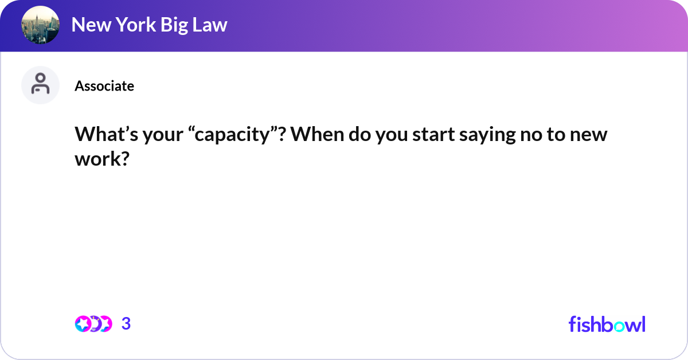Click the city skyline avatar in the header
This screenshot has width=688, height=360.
click(40, 25)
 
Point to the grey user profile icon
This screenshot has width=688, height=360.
click(40, 85)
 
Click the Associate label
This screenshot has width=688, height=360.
click(104, 86)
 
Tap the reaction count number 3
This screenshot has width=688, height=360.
click(126, 324)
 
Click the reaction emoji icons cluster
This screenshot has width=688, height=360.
click(93, 324)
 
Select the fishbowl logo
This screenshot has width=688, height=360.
click(607, 324)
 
